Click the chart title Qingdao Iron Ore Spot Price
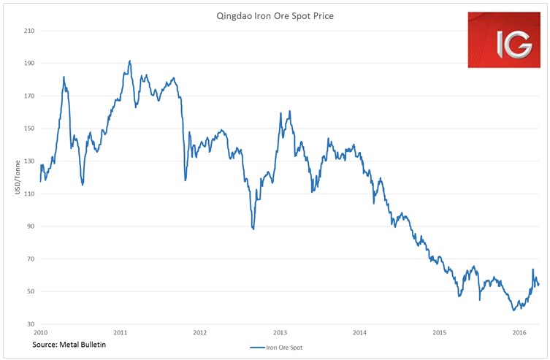[275, 14]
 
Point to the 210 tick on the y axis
[29, 31]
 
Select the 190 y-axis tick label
[29, 64]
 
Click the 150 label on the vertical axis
[29, 129]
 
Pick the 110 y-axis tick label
[29, 194]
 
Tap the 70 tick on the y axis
[31, 259]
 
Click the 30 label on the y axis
[31, 324]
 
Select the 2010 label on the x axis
[41, 333]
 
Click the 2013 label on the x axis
[280, 333]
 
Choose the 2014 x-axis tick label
[359, 333]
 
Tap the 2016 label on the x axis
[519, 333]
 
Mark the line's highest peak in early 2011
[130, 61]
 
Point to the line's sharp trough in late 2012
[253, 229]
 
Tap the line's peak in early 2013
[290, 111]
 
